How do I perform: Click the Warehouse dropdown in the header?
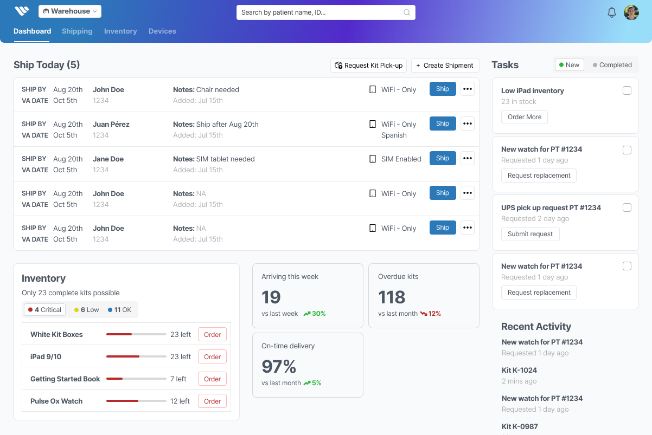point(69,11)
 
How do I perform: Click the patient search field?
point(325,12)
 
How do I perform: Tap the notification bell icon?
point(611,12)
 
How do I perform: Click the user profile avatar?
point(631,12)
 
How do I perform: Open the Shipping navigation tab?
point(77,31)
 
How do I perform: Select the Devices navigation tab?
point(162,31)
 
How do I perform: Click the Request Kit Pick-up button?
point(369,66)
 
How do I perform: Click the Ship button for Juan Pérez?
point(443,124)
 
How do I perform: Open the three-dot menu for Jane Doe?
point(467,159)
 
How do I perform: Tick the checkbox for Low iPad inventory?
point(627,91)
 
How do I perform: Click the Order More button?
point(524,117)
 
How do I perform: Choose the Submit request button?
point(530,234)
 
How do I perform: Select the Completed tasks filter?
point(612,65)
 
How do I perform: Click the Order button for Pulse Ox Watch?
point(212,401)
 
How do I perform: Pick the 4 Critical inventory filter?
point(44,310)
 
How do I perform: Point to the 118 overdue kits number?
point(392,297)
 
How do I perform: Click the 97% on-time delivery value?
point(279,367)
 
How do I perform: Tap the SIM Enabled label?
point(401,159)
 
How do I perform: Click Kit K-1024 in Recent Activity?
point(519,371)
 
